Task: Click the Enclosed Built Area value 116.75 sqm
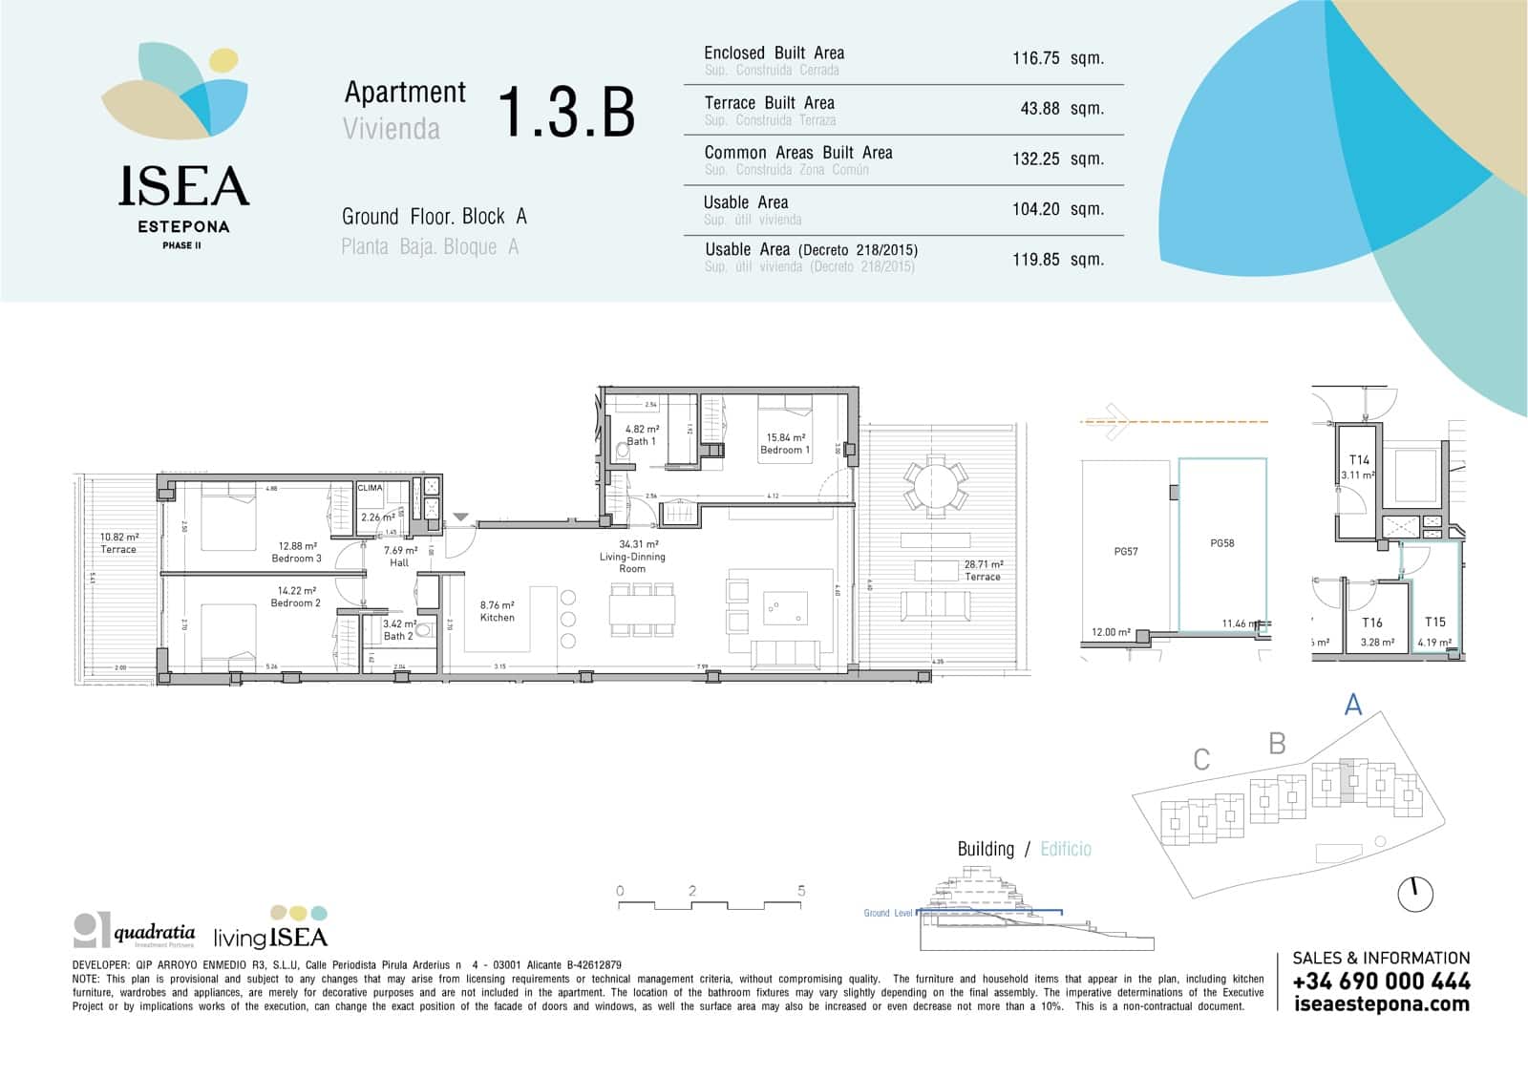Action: tap(1057, 58)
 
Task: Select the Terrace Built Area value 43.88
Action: tap(1040, 109)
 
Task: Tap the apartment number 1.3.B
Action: tap(566, 112)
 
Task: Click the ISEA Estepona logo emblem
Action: tap(176, 92)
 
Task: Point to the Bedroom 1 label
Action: tap(785, 444)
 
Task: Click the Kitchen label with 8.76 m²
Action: tap(497, 611)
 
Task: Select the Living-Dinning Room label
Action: tap(632, 557)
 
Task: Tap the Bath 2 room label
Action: tap(398, 630)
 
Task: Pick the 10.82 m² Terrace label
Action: tap(119, 543)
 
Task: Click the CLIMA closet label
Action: tap(370, 488)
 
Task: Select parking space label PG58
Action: tap(1221, 543)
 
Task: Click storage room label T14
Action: tap(1359, 460)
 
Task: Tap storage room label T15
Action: tap(1434, 623)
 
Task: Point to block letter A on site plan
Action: tap(1352, 705)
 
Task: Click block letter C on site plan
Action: tap(1201, 760)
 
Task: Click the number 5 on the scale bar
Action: tap(801, 891)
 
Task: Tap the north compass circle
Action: tap(1415, 895)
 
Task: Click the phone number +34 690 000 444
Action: tap(1381, 982)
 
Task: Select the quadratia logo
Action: tap(135, 930)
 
